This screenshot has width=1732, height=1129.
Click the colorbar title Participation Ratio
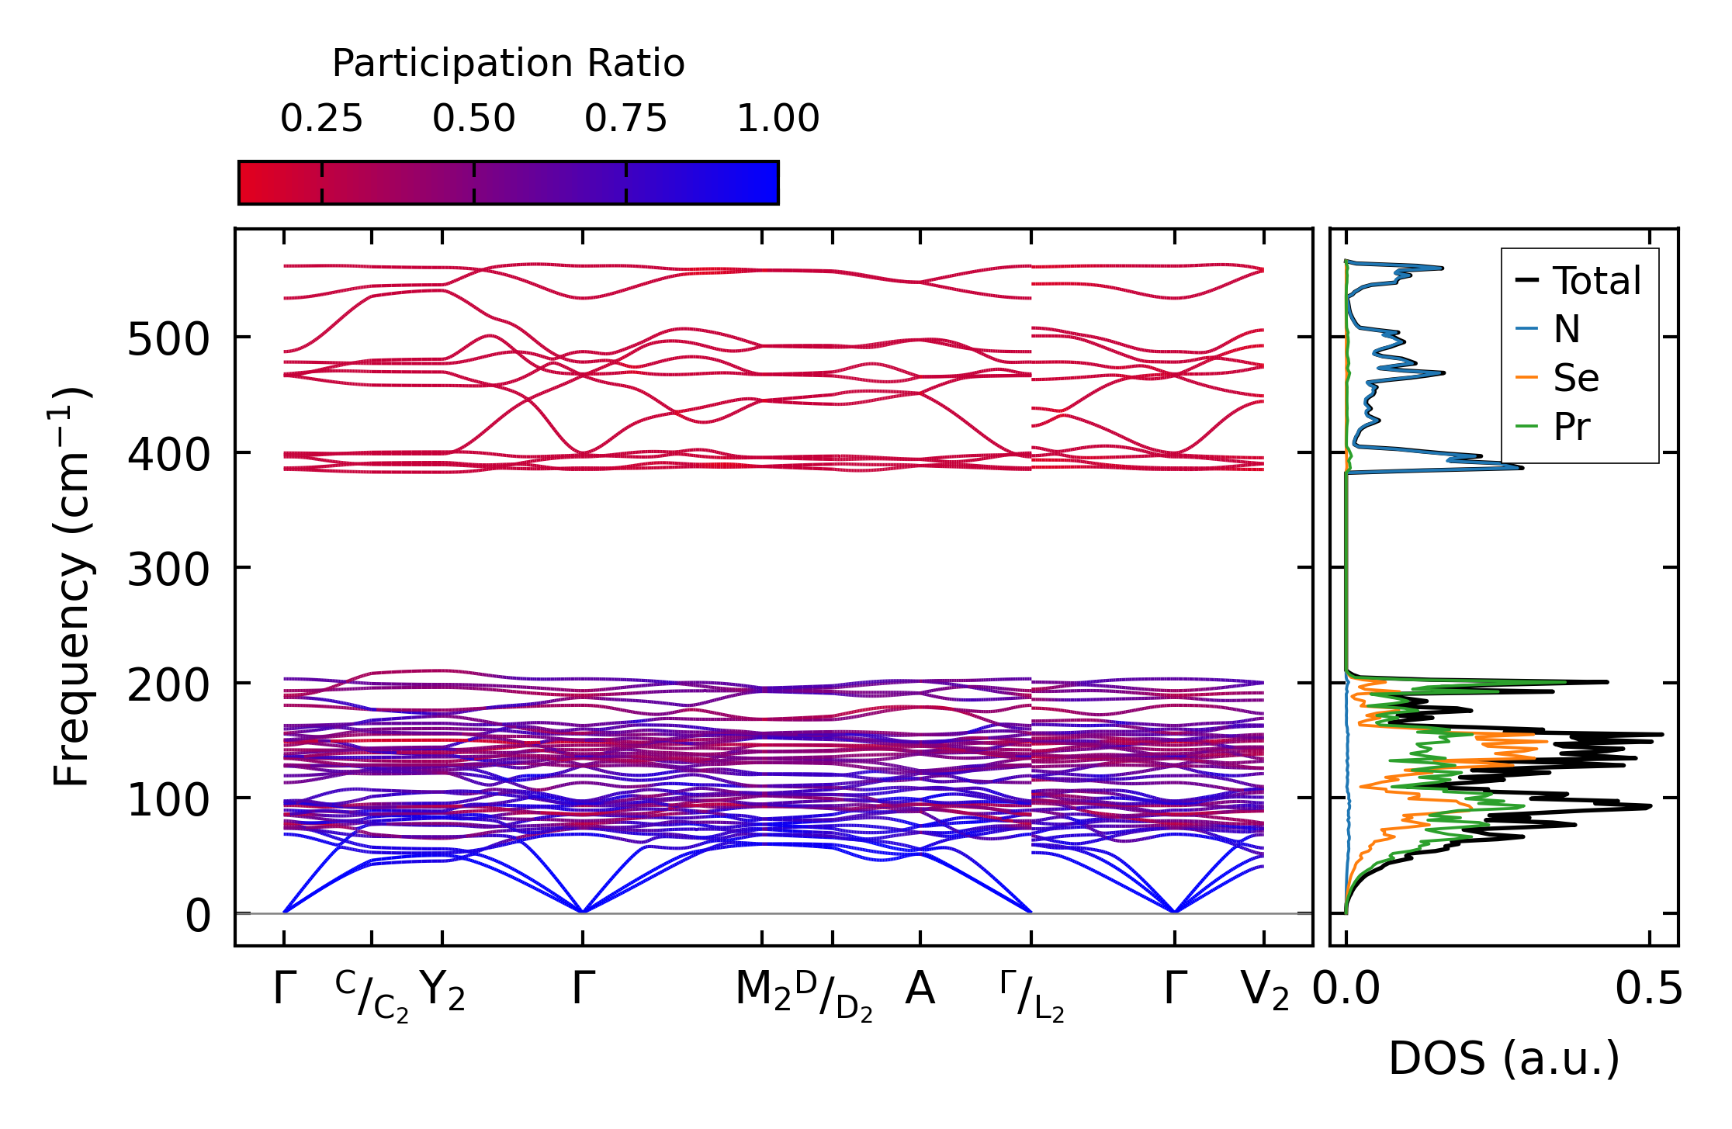[x=508, y=64]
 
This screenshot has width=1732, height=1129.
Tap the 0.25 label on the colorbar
[x=321, y=119]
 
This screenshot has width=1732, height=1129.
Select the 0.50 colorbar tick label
[x=473, y=119]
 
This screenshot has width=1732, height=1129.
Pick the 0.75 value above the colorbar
[x=625, y=119]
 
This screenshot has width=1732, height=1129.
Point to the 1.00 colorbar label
[x=778, y=119]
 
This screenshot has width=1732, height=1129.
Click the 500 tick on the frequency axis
[x=168, y=340]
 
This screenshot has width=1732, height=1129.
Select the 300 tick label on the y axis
[x=168, y=570]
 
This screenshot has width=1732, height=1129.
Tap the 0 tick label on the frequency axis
[x=198, y=916]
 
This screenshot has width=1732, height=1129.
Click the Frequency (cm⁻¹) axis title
[x=71, y=587]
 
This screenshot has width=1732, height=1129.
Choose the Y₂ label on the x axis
[x=442, y=992]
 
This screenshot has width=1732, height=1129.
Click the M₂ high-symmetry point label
[x=762, y=992]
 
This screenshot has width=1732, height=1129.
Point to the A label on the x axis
[x=920, y=990]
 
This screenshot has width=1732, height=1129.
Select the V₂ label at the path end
[x=1265, y=992]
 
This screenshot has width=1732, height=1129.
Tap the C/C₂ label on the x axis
[x=372, y=996]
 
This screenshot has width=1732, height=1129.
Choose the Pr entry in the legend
[x=1571, y=428]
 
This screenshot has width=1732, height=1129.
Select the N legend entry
[x=1566, y=330]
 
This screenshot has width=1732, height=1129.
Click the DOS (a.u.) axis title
[x=1504, y=1058]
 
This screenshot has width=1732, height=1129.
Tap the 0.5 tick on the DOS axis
[x=1649, y=990]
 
